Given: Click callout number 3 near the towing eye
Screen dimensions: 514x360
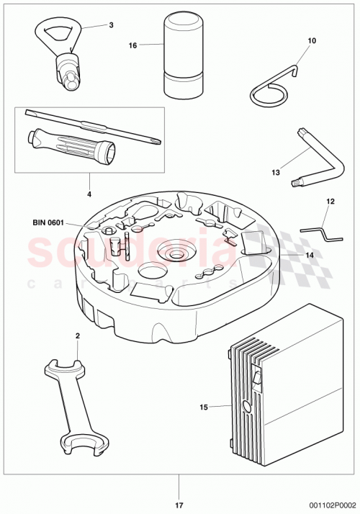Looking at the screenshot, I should pyautogui.click(x=112, y=25).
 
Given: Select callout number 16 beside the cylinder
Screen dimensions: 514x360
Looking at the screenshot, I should pyautogui.click(x=132, y=45).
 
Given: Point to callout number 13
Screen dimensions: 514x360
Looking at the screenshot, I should pyautogui.click(x=276, y=173).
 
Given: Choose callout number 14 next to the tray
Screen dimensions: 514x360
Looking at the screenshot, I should pyautogui.click(x=310, y=255).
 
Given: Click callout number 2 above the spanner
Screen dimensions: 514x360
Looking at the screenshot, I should pyautogui.click(x=78, y=336).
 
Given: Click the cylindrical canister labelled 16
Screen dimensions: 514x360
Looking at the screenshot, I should pyautogui.click(x=182, y=58).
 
